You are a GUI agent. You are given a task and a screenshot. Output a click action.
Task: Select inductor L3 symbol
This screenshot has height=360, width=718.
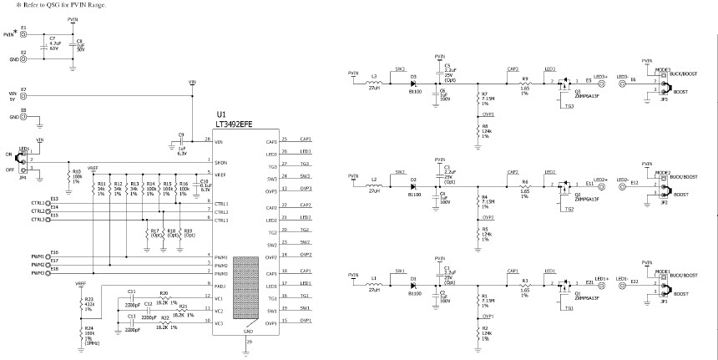[374, 82]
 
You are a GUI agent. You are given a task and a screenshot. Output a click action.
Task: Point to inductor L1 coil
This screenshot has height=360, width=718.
[374, 285]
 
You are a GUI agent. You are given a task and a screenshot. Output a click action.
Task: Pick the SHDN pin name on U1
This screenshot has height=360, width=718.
[221, 162]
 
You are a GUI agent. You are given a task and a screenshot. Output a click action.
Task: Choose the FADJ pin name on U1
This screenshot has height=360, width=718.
[221, 286]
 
